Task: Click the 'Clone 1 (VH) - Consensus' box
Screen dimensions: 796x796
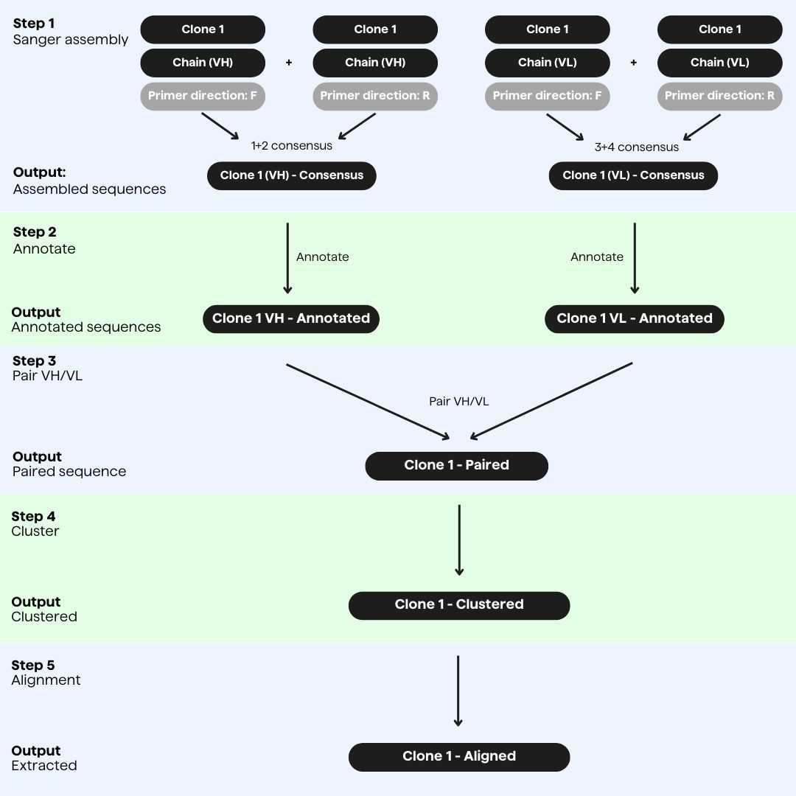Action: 291,176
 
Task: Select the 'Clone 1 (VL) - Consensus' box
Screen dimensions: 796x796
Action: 633,176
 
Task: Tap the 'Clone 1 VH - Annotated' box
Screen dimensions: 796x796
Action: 291,318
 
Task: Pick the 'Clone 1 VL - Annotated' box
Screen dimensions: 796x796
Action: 635,318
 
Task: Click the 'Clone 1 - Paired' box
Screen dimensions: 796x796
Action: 456,465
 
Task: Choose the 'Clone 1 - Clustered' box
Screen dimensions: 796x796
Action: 458,604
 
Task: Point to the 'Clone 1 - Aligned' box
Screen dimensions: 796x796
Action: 458,756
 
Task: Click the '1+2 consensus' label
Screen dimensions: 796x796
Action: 291,146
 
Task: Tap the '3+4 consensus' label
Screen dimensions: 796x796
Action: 636,147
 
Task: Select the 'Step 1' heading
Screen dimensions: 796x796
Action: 34,24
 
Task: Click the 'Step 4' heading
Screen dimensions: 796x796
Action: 33,516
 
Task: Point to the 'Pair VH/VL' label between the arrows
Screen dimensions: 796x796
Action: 458,402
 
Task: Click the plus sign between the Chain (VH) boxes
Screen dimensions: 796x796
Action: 289,63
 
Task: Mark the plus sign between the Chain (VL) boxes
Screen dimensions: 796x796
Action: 633,63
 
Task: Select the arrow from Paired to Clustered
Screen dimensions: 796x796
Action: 459,540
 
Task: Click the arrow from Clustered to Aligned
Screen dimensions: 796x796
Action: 458,691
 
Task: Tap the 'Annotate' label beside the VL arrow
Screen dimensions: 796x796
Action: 597,257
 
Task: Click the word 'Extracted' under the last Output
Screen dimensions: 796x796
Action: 44,766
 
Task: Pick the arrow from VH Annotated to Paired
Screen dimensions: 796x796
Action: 367,401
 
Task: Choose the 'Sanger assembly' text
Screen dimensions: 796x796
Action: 71,40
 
